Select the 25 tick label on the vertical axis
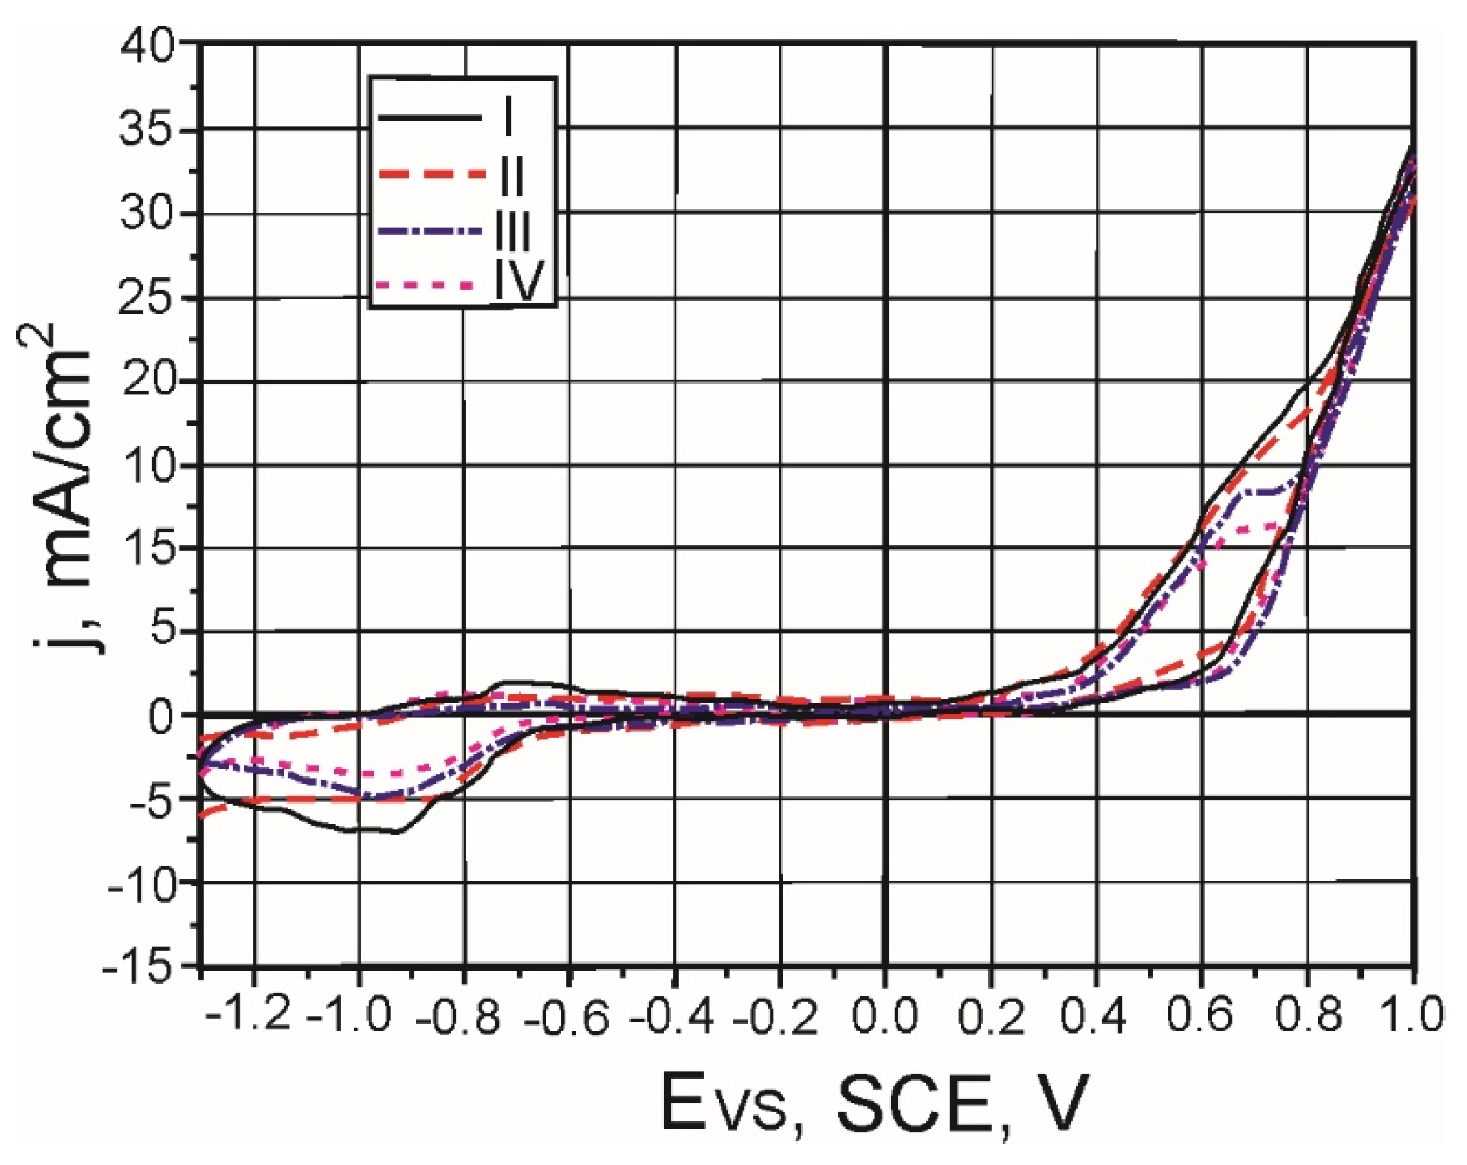pyautogui.click(x=154, y=298)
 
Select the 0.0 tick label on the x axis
pyautogui.click(x=884, y=1014)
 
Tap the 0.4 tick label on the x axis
pyautogui.click(x=1093, y=1014)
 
